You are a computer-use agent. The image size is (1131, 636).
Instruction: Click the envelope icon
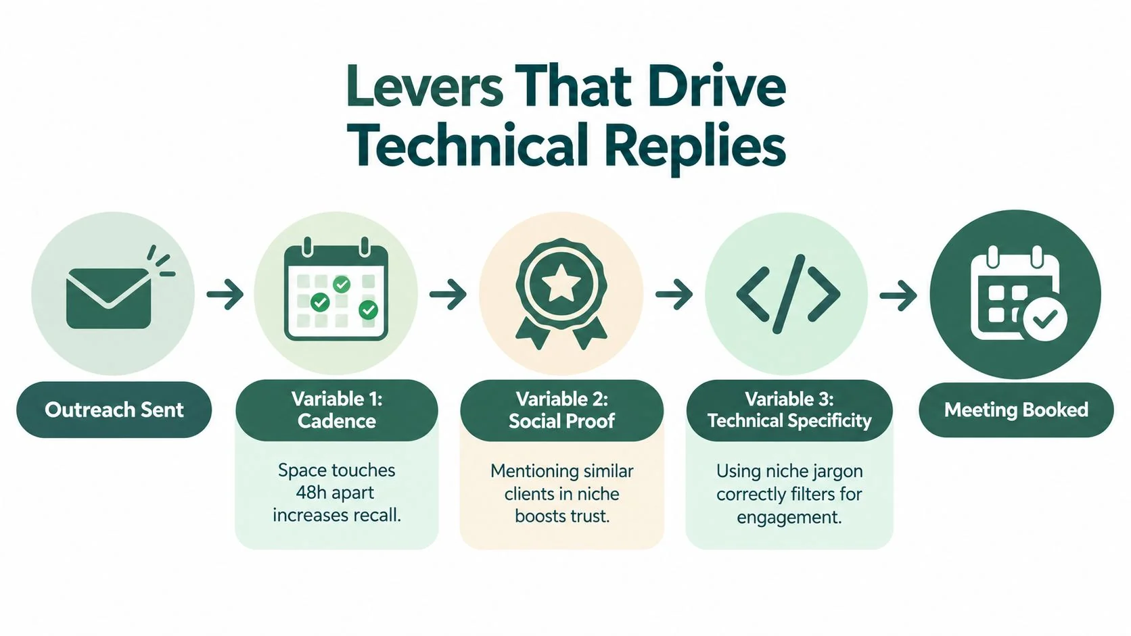108,298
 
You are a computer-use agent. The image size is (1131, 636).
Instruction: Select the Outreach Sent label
114,410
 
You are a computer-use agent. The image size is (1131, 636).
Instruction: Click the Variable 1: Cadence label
337,410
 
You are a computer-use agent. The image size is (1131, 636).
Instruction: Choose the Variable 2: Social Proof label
561,410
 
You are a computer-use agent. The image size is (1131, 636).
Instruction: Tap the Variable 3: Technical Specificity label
789,410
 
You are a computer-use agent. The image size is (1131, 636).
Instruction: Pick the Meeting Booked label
1016,410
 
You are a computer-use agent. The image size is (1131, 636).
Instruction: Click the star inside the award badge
561,283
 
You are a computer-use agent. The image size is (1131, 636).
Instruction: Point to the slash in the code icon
789,294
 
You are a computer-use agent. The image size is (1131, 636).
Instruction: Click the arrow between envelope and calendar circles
225,293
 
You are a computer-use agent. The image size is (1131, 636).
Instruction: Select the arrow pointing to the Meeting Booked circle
898,294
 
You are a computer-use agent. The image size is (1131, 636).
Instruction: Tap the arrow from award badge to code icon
674,294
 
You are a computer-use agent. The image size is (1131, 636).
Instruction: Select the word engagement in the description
789,518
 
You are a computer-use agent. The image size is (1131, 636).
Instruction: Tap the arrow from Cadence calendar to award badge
448,294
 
